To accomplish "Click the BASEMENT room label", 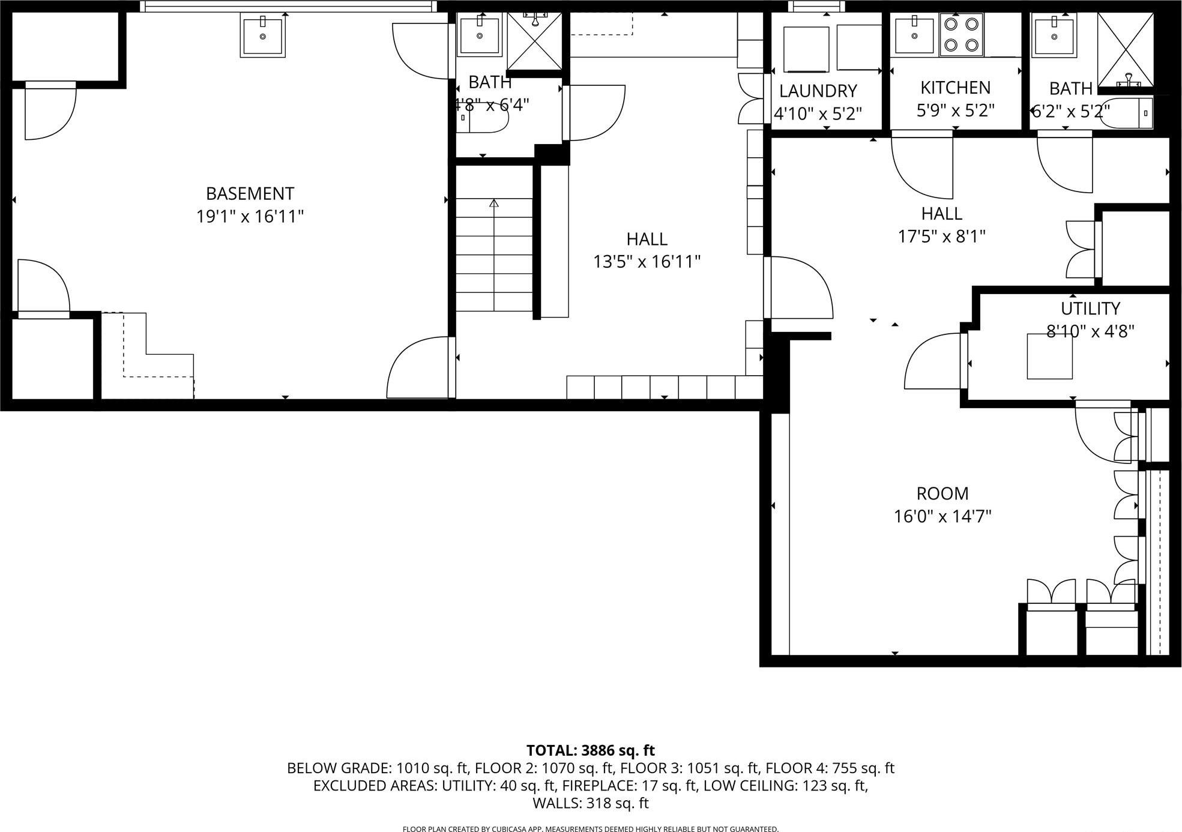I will click(x=250, y=194).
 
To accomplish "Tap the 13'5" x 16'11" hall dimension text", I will click(x=647, y=262).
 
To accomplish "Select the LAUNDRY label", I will click(x=818, y=91).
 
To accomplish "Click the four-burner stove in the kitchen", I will click(x=961, y=34).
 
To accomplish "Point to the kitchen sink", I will click(x=914, y=35).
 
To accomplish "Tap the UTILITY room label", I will click(x=1090, y=309).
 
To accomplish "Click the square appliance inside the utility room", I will click(x=1049, y=357).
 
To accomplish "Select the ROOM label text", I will click(x=942, y=494).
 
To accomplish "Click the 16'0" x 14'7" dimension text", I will click(x=942, y=517).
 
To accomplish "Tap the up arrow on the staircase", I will click(x=494, y=204).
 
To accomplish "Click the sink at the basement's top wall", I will click(x=262, y=35).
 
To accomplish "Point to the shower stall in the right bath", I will click(x=1125, y=49).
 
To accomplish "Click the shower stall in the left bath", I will click(x=534, y=40).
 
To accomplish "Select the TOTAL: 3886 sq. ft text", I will click(x=590, y=751).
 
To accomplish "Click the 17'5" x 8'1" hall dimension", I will click(x=941, y=237).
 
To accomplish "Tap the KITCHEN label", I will click(x=955, y=88).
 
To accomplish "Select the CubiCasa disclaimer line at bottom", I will click(x=590, y=829).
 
